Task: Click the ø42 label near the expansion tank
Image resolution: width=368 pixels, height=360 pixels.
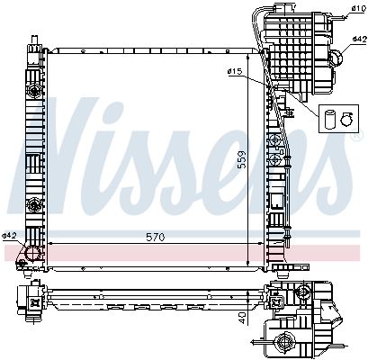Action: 357,40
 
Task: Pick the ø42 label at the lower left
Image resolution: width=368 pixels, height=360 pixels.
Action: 10,236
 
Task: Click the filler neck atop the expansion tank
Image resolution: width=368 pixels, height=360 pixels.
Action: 293,9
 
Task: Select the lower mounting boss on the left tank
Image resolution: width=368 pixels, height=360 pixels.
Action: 33,207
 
